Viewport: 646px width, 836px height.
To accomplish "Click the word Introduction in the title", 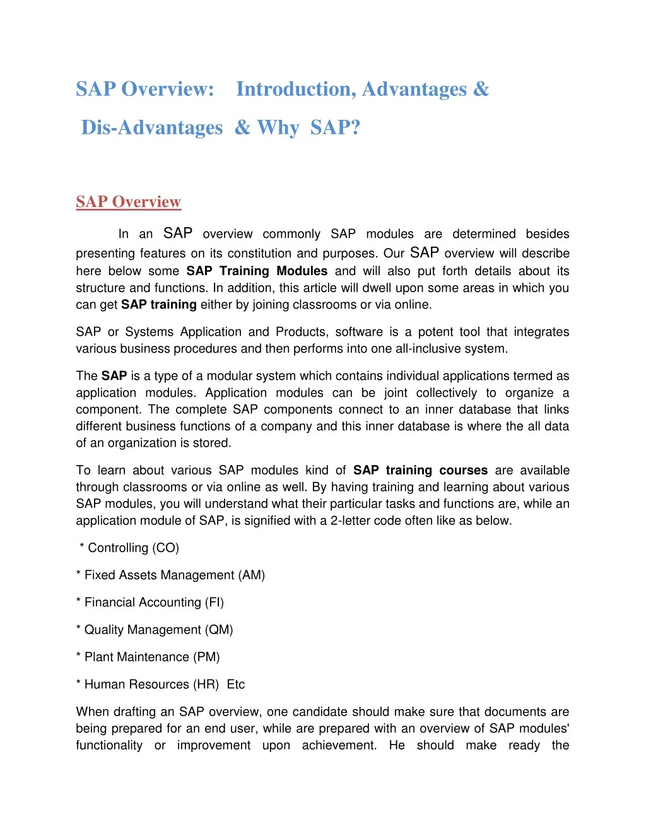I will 295,90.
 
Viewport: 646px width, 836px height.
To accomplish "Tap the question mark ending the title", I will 355,127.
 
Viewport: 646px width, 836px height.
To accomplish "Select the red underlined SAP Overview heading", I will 129,202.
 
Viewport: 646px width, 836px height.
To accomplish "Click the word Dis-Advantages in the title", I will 152,128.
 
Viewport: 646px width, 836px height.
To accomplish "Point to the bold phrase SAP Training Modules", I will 257,271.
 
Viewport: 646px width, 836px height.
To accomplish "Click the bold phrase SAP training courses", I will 420,470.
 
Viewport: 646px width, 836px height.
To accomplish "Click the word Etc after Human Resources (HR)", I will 236,684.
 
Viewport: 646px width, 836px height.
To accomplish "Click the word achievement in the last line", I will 339,745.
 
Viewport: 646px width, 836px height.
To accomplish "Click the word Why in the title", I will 278,128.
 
